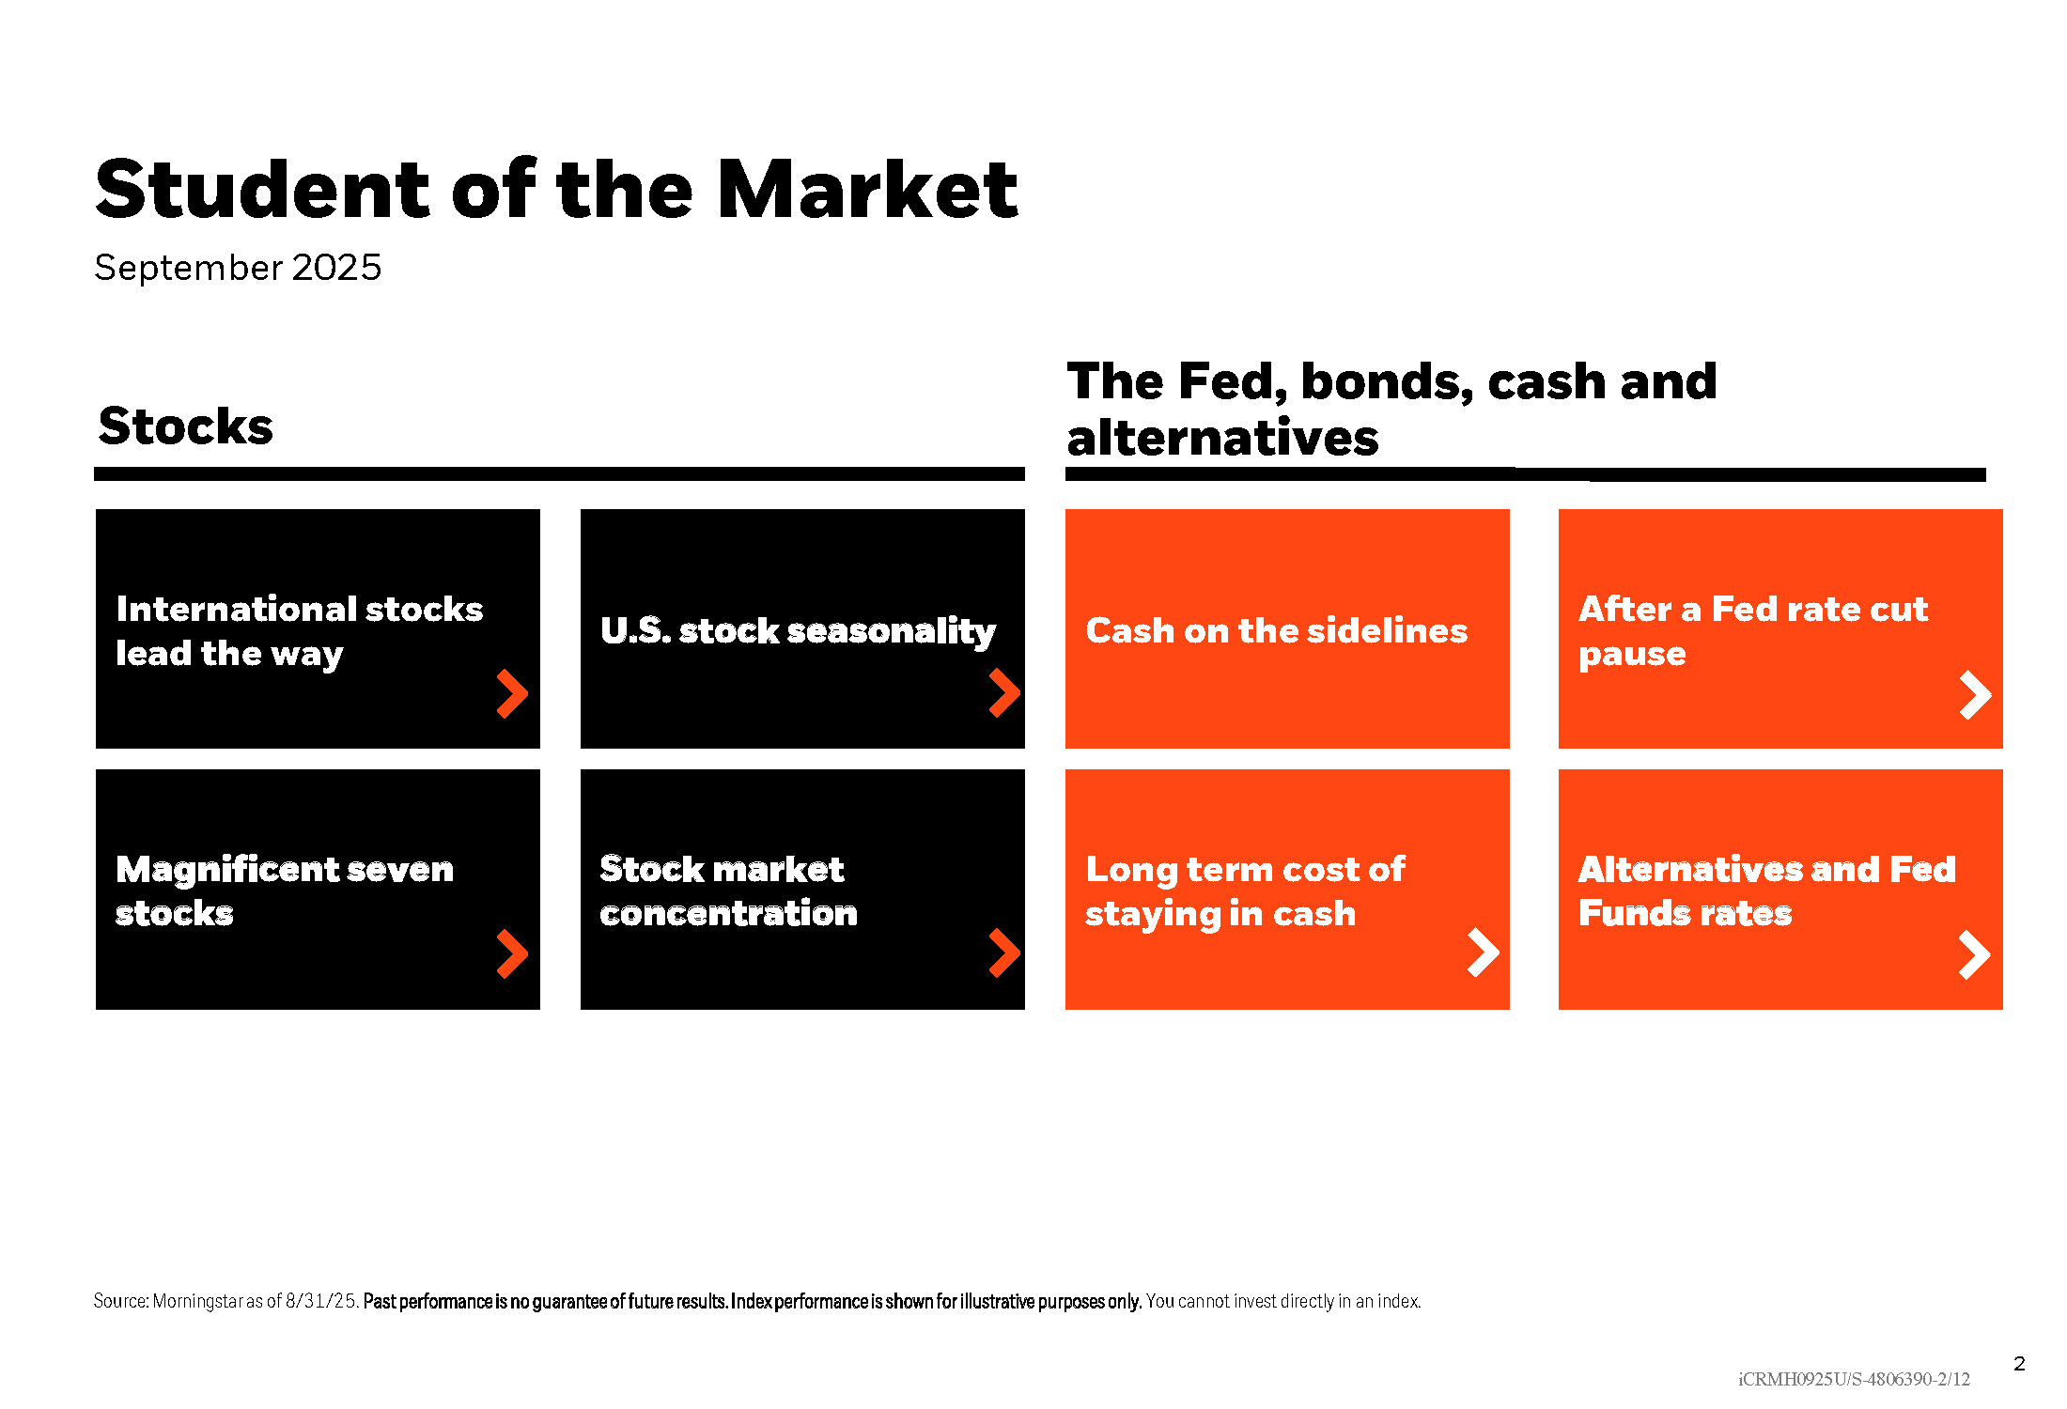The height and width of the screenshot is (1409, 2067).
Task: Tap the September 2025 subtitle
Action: point(238,268)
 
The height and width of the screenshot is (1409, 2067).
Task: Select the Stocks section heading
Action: point(186,426)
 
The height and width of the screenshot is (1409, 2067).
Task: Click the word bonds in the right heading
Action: point(1388,383)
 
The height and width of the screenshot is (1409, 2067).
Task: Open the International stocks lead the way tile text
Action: point(299,631)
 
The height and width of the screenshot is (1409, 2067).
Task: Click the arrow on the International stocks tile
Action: point(512,694)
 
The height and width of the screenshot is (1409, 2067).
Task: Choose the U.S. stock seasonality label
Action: point(798,631)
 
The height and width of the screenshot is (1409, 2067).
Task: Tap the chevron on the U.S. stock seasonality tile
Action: point(1004,693)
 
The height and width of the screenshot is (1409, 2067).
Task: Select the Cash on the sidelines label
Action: point(1276,630)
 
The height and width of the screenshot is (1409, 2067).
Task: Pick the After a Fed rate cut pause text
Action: point(1753,631)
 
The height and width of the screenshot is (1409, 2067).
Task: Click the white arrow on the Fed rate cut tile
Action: point(1975,695)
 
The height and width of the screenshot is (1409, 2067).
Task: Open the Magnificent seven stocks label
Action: point(285,890)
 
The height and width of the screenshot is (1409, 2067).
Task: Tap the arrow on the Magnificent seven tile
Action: point(512,954)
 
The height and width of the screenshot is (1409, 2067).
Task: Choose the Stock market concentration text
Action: point(728,890)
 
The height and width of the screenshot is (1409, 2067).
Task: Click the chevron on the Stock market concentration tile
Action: point(1004,953)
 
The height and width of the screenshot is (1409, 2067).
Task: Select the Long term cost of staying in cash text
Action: point(1245,891)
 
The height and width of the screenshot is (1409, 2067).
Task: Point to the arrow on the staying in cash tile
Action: point(1484,952)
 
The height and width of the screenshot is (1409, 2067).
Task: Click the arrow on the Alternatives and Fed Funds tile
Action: point(1975,955)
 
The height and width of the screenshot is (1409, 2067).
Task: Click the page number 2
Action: point(2019,1364)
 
